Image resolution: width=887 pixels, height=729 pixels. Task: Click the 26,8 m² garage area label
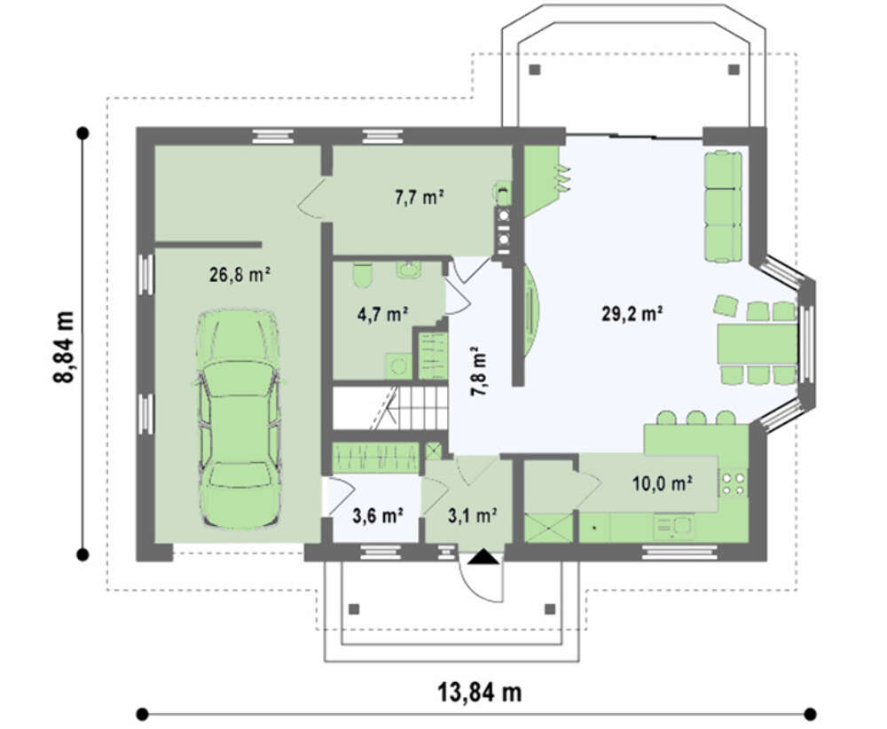239,275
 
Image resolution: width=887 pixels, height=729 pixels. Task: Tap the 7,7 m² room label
419,198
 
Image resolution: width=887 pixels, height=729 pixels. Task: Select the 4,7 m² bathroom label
383,314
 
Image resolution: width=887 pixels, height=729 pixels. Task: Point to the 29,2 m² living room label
632,313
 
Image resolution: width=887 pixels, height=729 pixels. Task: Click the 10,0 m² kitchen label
663,483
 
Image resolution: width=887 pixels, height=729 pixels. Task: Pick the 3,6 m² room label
377,516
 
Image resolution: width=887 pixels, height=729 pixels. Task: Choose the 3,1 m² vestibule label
473,516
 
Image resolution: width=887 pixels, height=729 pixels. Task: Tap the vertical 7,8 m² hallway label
479,371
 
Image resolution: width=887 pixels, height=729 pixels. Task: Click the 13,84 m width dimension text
480,692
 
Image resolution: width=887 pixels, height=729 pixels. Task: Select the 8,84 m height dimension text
63,347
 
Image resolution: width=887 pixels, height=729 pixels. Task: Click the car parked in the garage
238,419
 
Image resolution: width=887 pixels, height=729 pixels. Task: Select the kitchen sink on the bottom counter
674,527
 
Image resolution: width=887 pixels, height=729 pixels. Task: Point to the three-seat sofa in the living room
723,207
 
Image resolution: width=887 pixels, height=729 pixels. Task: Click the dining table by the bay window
757,344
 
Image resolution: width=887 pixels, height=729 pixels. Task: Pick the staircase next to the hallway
390,408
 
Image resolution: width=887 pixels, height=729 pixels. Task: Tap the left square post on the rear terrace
535,70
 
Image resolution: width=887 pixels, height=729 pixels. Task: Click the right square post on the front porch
550,609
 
